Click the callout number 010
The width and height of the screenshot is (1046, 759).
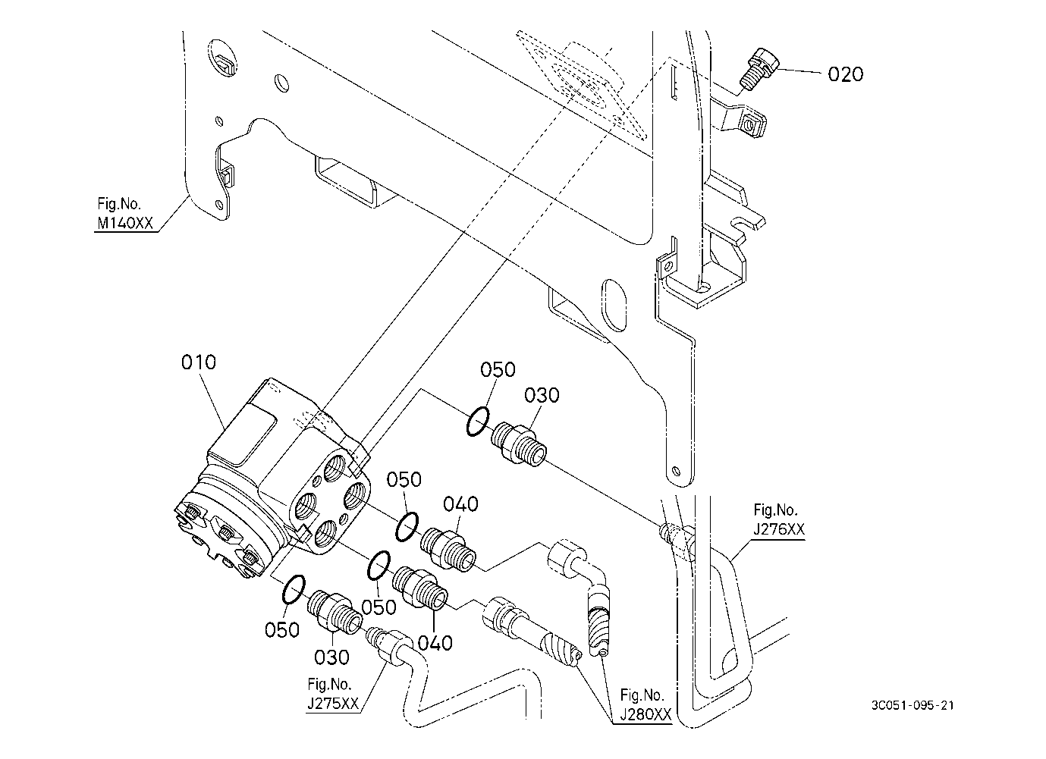199,362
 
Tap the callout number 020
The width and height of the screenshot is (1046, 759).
845,74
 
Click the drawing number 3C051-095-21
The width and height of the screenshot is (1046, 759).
913,705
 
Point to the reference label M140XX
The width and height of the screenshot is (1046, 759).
125,223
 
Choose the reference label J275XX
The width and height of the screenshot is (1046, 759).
333,704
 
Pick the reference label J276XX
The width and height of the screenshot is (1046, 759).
779,529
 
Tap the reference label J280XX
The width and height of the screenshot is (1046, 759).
646,714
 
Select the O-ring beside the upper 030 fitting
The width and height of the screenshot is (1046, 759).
478,422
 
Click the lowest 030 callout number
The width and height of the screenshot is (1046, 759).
331,657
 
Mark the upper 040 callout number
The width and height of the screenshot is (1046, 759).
460,504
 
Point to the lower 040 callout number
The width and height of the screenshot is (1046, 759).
435,643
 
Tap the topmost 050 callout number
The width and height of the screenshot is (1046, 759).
498,370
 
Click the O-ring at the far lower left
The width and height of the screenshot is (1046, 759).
294,589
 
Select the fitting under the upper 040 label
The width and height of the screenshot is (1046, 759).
448,550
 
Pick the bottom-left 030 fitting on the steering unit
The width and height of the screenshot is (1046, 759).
335,612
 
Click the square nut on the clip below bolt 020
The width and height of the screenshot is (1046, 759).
752,126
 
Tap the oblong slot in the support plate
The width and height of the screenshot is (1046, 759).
614,306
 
